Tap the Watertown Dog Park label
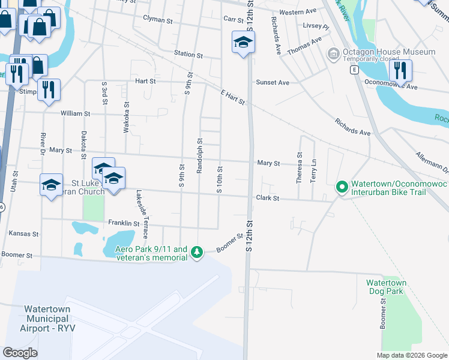point(387,287)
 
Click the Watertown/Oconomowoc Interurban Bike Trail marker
point(342,188)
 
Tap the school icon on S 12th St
point(243,43)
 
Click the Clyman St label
point(158,19)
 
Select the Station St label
point(188,54)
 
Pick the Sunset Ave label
point(273,82)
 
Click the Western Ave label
point(298,11)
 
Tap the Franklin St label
point(124,223)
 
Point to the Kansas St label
point(23,233)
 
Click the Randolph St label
point(199,156)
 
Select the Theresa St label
point(299,163)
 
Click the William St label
point(75,113)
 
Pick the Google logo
point(20,352)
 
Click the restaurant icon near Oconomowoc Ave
point(399,71)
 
